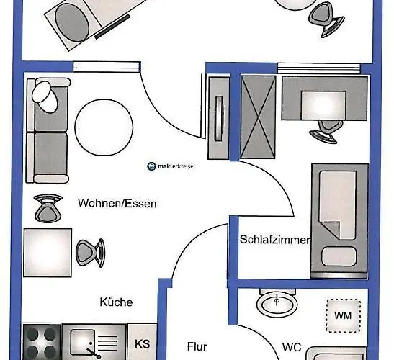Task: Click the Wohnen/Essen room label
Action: [117, 204]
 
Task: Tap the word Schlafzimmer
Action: [274, 240]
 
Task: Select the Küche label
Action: [116, 303]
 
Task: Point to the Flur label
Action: [198, 346]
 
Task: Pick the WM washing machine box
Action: [342, 316]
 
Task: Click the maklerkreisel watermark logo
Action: [171, 166]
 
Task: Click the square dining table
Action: [48, 253]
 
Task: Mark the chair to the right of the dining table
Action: [90, 252]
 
